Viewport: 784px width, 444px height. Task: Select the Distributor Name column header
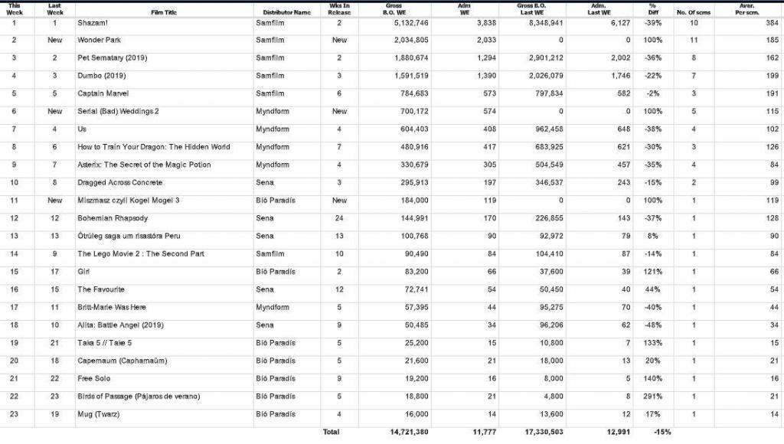pyautogui.click(x=286, y=12)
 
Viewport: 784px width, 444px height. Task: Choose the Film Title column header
pyautogui.click(x=165, y=12)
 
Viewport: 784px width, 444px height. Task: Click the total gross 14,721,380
pyautogui.click(x=406, y=432)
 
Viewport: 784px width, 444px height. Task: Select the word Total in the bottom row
pyautogui.click(x=331, y=432)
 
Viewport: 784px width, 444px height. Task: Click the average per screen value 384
pyautogui.click(x=772, y=23)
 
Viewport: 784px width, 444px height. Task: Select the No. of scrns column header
pyautogui.click(x=694, y=12)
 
